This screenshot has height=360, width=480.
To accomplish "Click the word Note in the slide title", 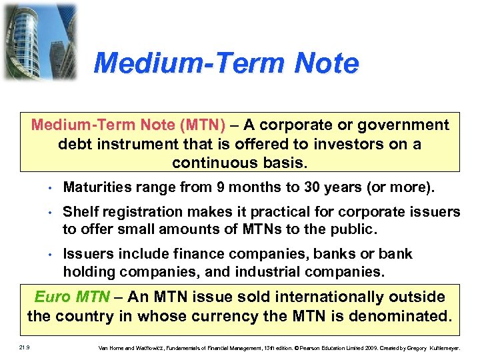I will tap(322, 64).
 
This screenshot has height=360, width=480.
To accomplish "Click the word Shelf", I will tap(79, 212).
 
